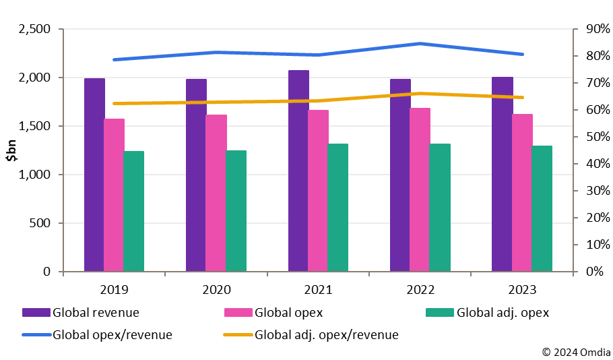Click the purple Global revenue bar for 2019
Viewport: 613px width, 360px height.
94,175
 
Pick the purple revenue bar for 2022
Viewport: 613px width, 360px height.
399,175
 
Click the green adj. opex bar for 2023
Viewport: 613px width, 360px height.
542,208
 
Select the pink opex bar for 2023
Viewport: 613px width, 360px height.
522,193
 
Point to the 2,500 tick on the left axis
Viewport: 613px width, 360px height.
33,29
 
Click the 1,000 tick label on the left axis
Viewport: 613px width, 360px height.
33,175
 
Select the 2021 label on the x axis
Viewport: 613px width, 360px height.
318,290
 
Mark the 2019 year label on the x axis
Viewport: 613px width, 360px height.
114,290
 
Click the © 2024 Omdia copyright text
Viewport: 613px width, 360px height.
577,351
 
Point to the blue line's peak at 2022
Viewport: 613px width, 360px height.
420,44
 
